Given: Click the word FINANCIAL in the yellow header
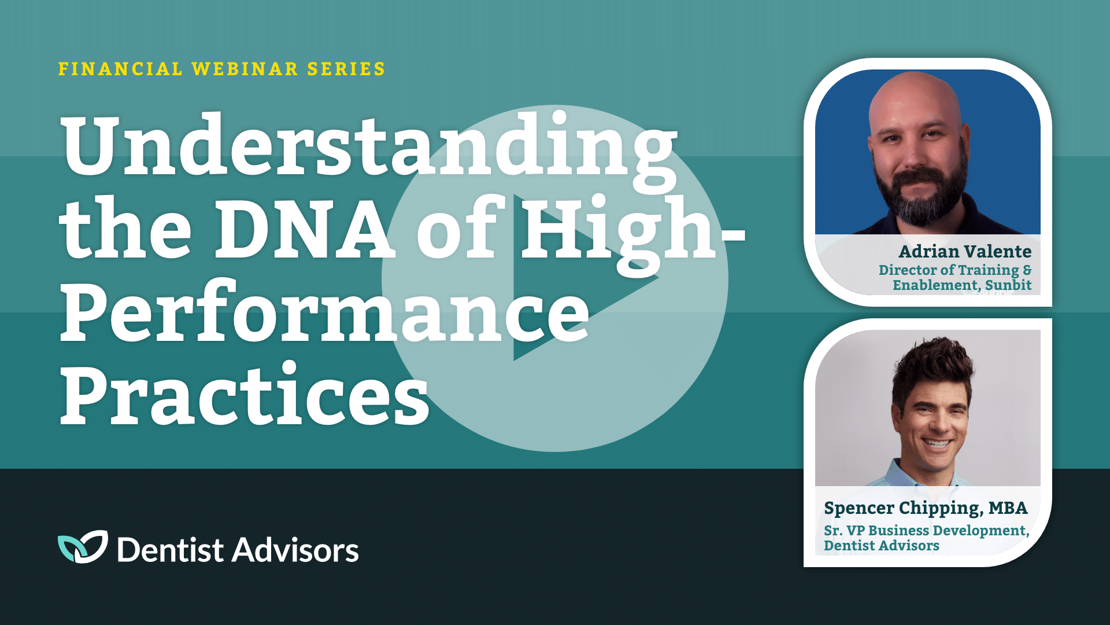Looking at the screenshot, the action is tap(120, 69).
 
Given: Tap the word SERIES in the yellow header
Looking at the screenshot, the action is tap(346, 69).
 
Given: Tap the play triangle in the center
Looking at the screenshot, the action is tap(578, 278).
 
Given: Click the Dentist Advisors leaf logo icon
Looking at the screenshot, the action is tap(83, 547).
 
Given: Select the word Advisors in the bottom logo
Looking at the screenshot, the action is tap(295, 550).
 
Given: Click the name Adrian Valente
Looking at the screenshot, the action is tap(965, 252).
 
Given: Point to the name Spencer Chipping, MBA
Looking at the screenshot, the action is tap(926, 508).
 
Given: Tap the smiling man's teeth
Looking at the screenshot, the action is tap(936, 444).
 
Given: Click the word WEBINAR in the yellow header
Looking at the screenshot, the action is tap(245, 69).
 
